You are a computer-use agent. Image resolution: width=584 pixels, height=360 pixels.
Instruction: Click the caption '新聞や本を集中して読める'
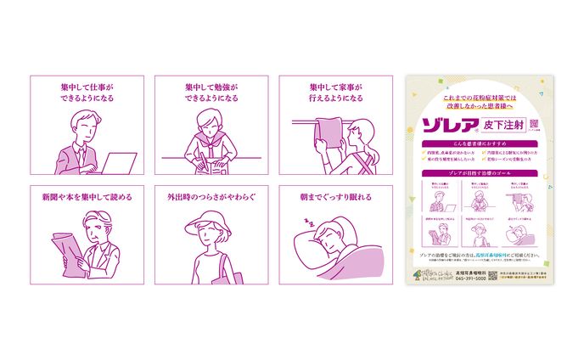point(87,198)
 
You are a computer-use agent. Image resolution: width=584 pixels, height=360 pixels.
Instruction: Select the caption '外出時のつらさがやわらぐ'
point(212,198)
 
